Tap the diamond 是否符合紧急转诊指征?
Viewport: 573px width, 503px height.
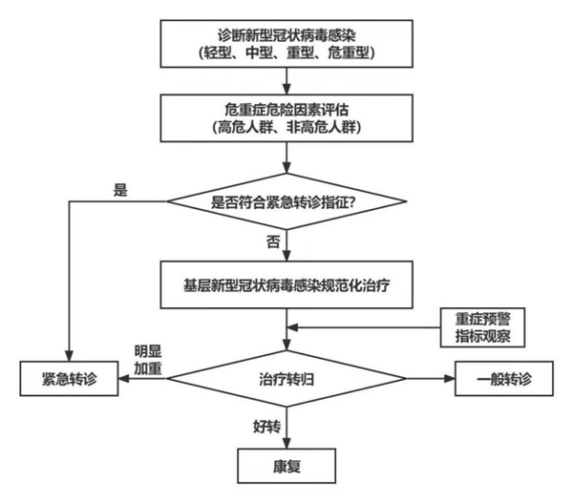(x=286, y=201)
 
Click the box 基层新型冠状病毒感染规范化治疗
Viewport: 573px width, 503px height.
(x=286, y=283)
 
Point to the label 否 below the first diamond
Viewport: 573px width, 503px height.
(x=273, y=241)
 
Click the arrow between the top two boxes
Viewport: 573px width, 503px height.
(x=286, y=80)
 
